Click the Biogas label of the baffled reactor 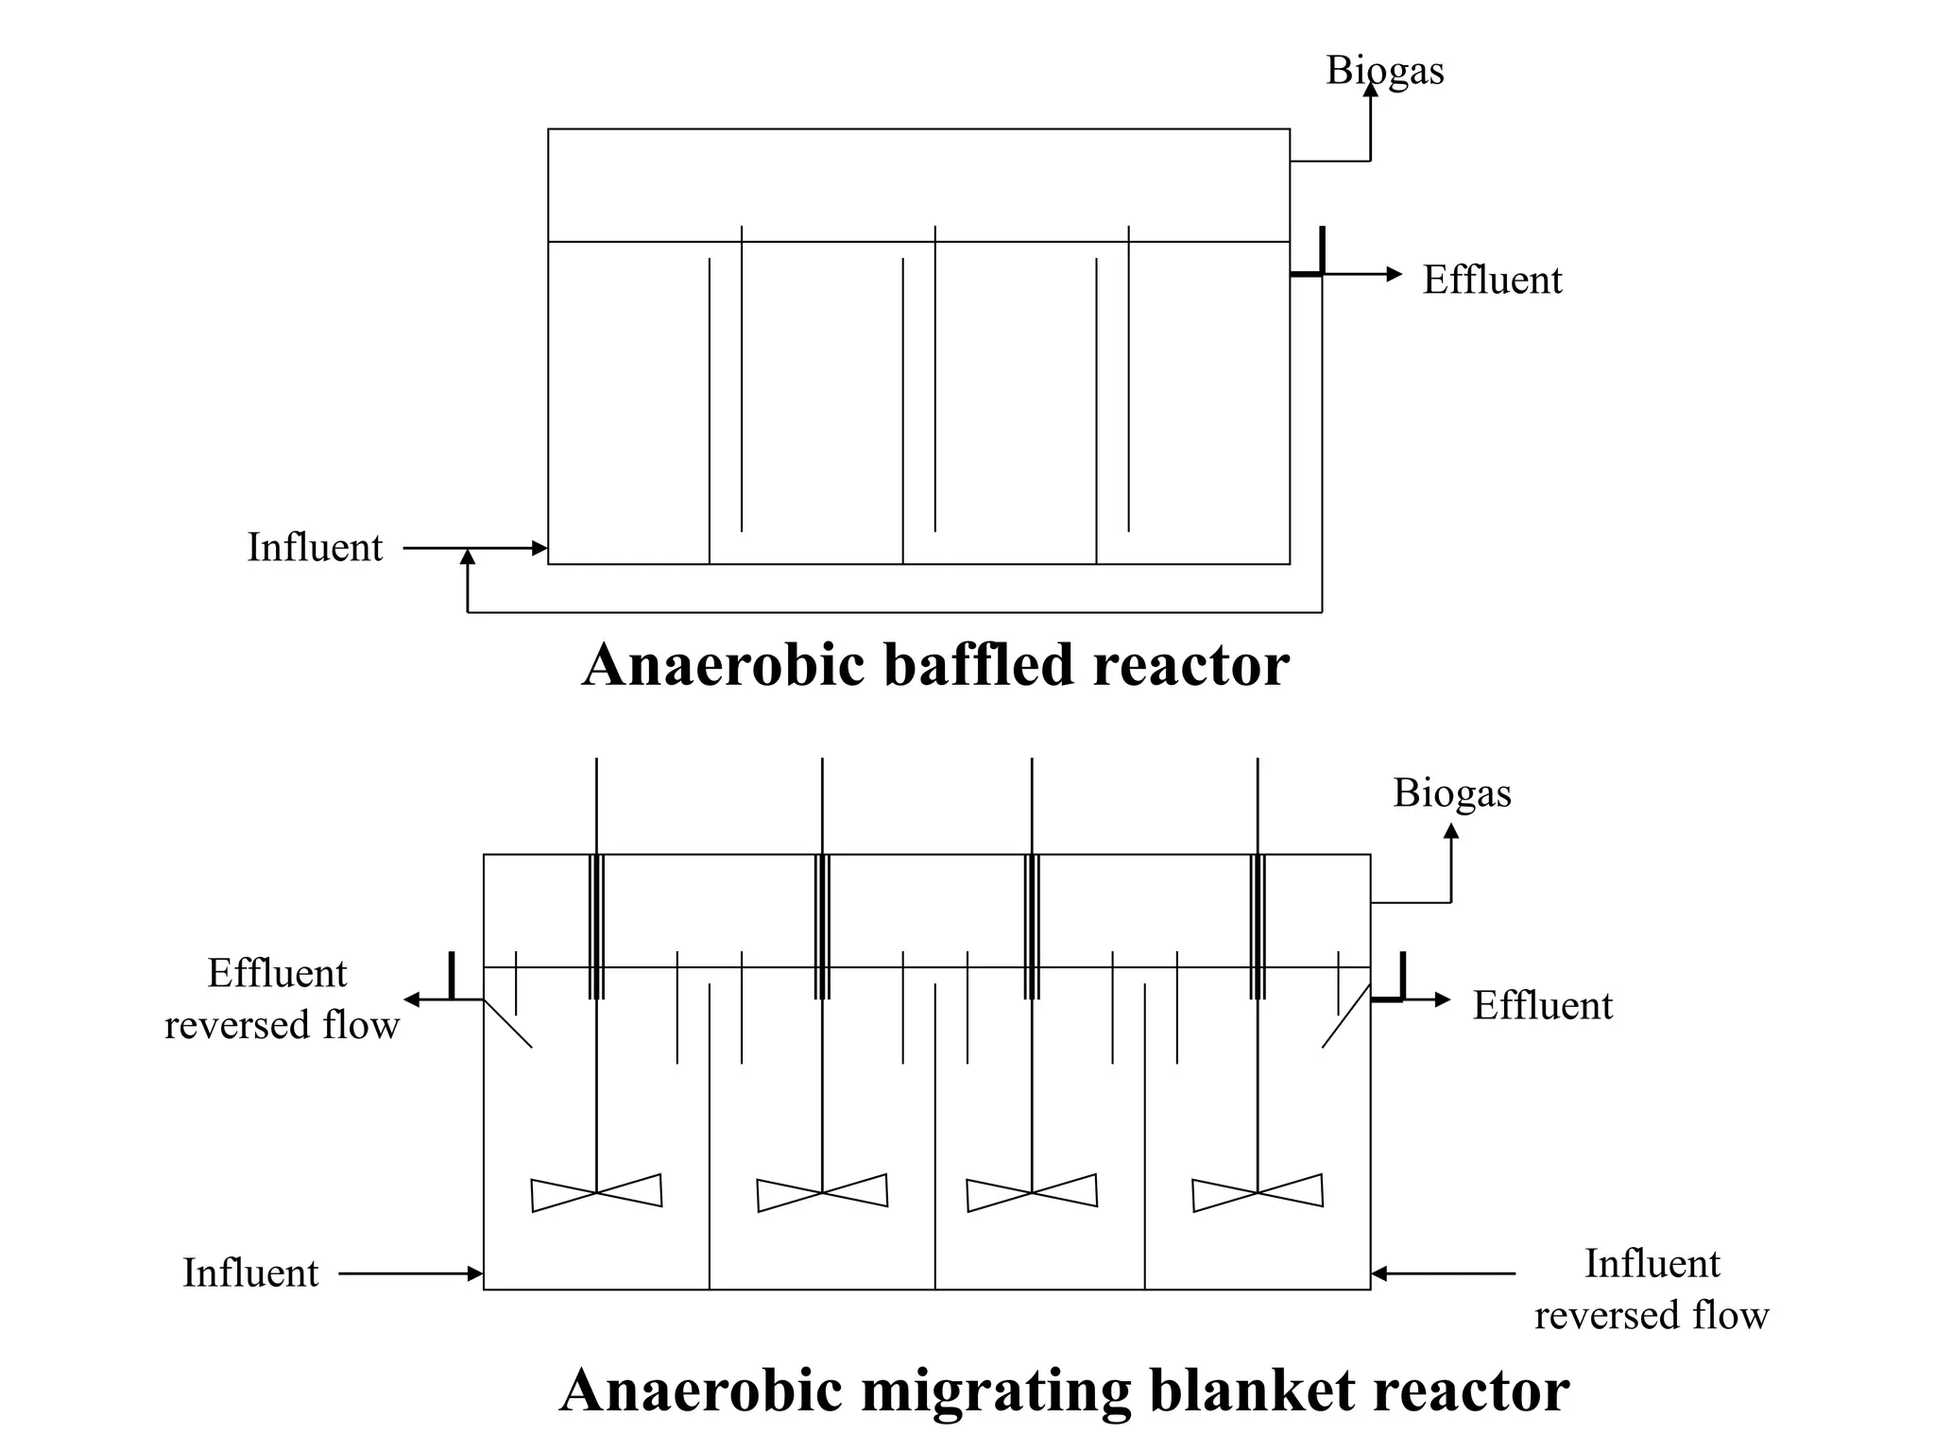coord(1384,71)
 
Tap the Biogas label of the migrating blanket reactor coord(1451,794)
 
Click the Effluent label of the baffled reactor coord(1492,281)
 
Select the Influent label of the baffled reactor coord(315,548)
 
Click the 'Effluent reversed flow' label coord(281,999)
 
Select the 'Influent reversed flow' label coord(1651,1289)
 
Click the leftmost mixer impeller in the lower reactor coord(596,1192)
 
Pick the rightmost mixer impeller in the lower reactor coord(1258,1192)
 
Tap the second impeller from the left coord(822,1192)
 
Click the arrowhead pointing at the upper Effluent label coord(1395,274)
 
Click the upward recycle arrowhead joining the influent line coord(467,557)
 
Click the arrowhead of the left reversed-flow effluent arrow coord(412,999)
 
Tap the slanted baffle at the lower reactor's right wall coord(1345,1016)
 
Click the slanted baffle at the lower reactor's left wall coord(508,1024)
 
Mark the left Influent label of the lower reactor coord(250,1273)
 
